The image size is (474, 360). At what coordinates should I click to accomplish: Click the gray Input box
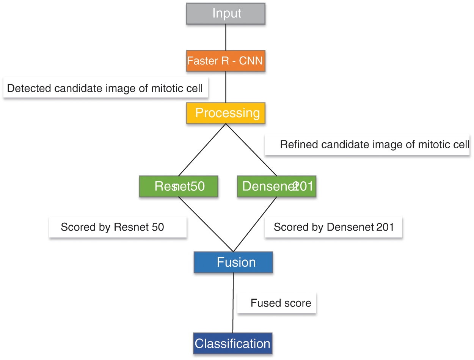(x=226, y=14)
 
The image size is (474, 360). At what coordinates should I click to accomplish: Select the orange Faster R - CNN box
(x=226, y=61)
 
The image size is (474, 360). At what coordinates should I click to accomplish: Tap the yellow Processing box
(x=226, y=113)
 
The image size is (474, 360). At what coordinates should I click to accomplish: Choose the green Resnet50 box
(x=179, y=186)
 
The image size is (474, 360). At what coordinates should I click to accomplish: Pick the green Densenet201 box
(x=276, y=186)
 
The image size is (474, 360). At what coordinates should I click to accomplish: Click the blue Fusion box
(x=233, y=262)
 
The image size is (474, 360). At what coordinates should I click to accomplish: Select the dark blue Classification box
(x=232, y=344)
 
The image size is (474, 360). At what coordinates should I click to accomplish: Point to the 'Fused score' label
(x=281, y=303)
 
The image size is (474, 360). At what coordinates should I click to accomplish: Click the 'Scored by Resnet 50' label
(x=112, y=227)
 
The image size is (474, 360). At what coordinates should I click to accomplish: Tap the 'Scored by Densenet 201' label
(x=334, y=227)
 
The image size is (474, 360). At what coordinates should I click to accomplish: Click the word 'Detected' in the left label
(x=29, y=88)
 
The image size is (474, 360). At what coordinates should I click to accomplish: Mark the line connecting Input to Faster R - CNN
(x=226, y=37)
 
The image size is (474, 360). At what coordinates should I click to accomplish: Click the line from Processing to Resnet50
(x=202, y=149)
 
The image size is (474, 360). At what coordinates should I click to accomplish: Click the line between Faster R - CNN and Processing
(x=226, y=87)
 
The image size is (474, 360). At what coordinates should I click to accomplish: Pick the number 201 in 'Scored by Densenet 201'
(x=385, y=227)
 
